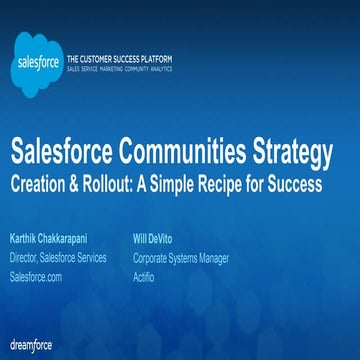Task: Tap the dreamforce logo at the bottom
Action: click(31, 345)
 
